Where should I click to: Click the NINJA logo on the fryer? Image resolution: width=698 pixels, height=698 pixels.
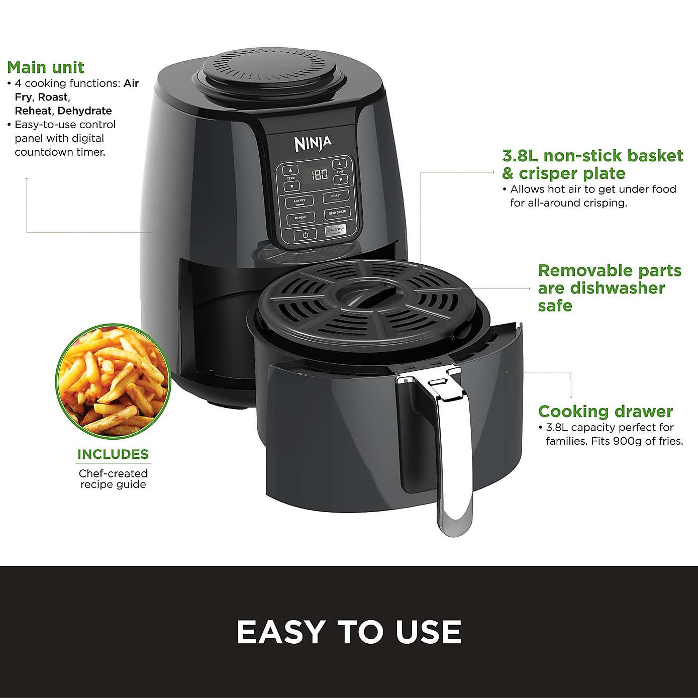(x=313, y=143)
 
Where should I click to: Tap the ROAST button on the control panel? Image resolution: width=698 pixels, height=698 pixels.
(x=336, y=196)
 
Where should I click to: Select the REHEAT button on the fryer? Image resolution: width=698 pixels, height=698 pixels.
(x=301, y=218)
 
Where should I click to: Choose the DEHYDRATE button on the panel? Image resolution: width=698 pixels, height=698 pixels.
(x=337, y=213)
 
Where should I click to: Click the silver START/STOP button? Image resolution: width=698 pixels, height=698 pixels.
(x=336, y=230)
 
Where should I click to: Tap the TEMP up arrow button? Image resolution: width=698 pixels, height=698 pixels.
(x=290, y=170)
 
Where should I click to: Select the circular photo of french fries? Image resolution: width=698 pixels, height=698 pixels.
(x=113, y=380)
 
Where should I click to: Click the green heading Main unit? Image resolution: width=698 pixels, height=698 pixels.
(x=46, y=67)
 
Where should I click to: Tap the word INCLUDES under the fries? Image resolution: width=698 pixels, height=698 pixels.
(x=113, y=454)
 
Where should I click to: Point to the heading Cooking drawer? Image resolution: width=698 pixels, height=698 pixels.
(x=605, y=412)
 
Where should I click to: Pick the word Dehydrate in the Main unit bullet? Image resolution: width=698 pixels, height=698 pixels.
(x=84, y=111)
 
